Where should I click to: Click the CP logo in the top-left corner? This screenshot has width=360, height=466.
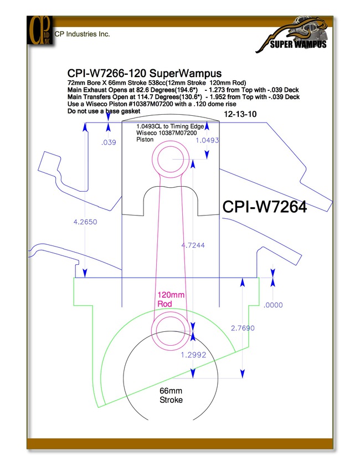point(40,30)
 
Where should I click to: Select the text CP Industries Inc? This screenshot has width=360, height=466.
point(83,34)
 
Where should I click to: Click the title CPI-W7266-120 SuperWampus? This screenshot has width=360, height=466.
point(145,73)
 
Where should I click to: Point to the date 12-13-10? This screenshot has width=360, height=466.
point(240,114)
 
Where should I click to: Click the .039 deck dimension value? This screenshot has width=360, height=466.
point(109,142)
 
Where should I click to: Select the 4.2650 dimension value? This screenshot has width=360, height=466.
point(85,222)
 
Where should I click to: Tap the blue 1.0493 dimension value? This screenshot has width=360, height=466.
point(207,140)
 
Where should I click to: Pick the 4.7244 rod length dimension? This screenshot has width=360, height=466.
point(193,245)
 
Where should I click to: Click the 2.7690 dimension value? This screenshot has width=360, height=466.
point(243,328)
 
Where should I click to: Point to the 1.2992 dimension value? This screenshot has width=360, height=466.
point(193,355)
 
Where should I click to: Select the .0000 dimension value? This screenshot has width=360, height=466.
point(273,305)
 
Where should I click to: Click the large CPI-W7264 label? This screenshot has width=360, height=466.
point(265,207)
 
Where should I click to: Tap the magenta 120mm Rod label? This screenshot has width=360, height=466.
point(171,299)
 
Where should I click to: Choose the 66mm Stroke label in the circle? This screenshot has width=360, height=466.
point(171,395)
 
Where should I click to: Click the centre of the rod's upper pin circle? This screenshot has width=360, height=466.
point(171,159)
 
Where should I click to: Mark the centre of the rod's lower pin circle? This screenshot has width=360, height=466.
point(171,330)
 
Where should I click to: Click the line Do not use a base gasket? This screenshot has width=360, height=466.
point(104,111)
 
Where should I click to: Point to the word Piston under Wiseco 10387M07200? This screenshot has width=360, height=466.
point(145,140)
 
